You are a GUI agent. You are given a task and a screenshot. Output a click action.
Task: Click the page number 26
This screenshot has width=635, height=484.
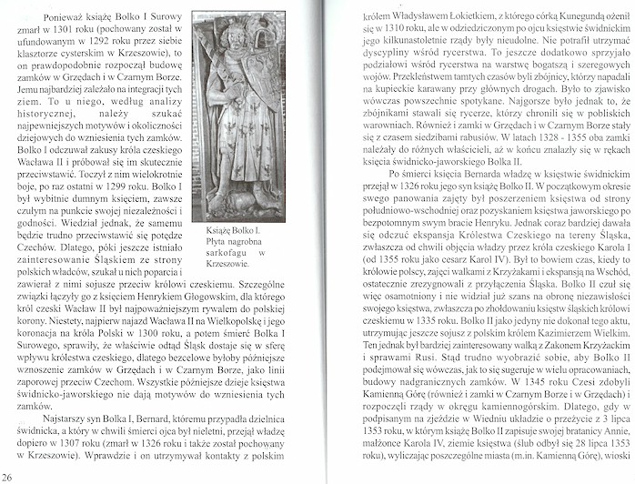coord(7,475)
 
